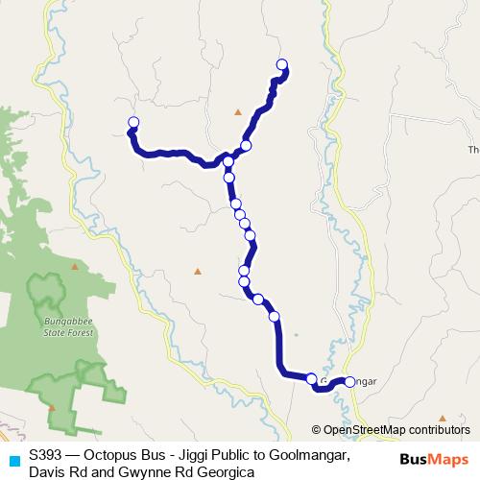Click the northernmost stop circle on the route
click(282, 64)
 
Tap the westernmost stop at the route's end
click(133, 122)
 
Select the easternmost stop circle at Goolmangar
click(349, 381)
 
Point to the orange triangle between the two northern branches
click(238, 112)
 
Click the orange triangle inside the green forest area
click(52, 407)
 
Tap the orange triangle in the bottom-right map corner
click(443, 418)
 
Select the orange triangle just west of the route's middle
click(198, 272)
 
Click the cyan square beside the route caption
click(13, 456)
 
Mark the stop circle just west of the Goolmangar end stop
click(312, 378)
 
